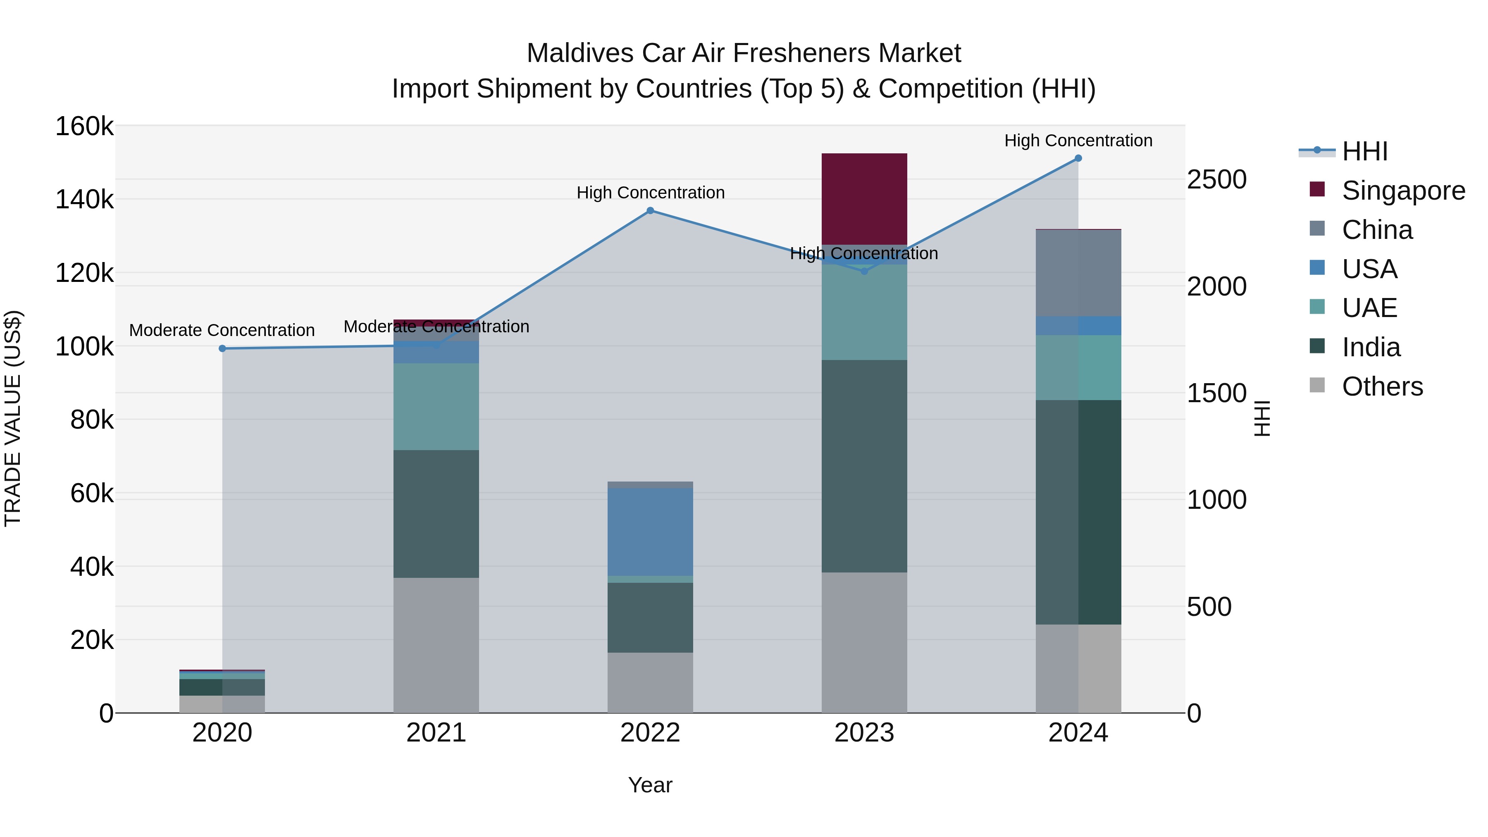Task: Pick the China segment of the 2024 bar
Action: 1078,273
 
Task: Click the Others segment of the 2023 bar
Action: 864,642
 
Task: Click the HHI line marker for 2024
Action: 1078,158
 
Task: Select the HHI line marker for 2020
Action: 222,348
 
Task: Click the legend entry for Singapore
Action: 1402,191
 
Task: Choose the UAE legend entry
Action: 1369,308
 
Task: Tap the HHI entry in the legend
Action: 1364,151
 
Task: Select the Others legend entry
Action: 1382,386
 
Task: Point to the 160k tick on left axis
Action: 84,126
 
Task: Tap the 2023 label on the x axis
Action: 864,733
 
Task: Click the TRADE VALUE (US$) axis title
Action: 13,418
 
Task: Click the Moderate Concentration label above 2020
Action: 222,330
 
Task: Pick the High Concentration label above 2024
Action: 1078,141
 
